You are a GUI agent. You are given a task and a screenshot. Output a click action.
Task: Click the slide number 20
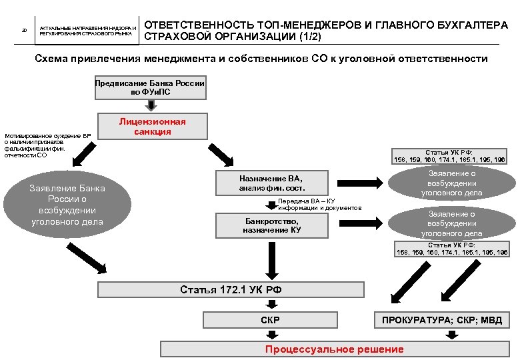24,30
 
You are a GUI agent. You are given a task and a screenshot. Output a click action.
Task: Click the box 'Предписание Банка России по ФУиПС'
150,87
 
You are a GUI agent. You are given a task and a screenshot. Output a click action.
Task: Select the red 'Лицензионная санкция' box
153,127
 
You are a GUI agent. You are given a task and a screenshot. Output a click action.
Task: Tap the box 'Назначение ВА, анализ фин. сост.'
271,183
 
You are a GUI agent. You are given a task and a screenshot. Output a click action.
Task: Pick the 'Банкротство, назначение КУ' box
271,225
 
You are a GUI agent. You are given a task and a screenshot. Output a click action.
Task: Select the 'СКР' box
270,320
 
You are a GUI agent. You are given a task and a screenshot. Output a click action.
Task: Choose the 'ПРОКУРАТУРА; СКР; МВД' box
442,320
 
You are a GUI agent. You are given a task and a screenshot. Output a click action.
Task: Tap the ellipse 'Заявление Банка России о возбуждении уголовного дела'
67,205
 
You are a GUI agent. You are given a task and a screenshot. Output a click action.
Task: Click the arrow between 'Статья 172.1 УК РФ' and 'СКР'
271,304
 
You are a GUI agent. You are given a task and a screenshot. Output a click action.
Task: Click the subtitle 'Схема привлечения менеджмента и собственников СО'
261,59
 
